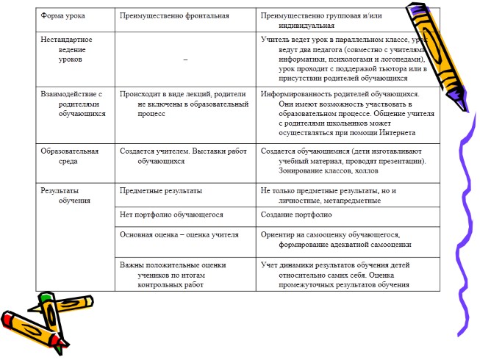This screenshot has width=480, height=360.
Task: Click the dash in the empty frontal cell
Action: coord(185,58)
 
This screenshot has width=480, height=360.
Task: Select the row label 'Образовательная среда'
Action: coord(69,155)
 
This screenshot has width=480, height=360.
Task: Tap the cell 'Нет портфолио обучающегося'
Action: coord(171,215)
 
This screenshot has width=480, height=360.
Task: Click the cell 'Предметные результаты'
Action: coord(160,190)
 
